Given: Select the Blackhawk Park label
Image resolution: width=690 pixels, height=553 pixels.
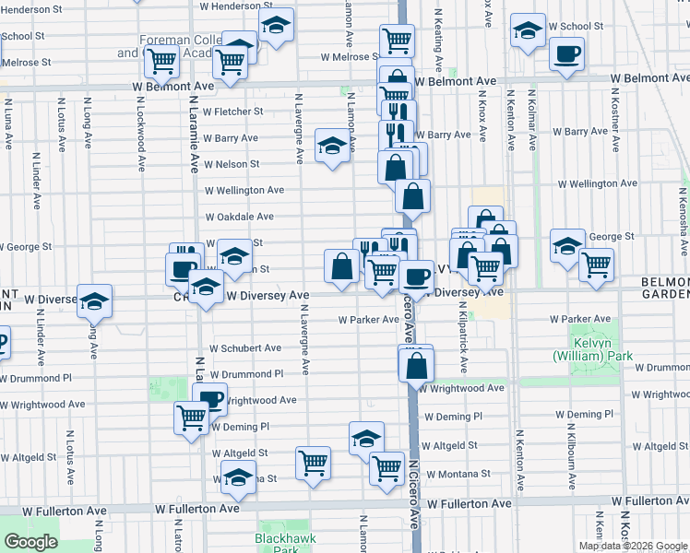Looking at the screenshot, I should click(280, 543).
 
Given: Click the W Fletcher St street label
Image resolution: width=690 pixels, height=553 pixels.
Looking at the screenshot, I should click(233, 112).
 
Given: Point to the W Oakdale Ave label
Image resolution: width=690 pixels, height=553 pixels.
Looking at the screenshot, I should click(239, 217).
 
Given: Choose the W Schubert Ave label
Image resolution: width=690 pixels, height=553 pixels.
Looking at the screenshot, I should click(244, 348).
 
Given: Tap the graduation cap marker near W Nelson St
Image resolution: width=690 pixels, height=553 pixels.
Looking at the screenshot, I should click(332, 145).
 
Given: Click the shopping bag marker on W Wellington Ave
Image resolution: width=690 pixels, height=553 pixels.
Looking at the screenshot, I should click(413, 195).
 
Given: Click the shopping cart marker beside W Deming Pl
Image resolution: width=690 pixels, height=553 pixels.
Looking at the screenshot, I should click(192, 418).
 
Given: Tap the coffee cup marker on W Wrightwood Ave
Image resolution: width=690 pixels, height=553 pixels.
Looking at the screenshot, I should click(211, 398).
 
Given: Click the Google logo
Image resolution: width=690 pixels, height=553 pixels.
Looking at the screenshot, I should click(30, 542).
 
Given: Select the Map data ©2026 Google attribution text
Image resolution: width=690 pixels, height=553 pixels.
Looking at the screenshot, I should click(633, 546).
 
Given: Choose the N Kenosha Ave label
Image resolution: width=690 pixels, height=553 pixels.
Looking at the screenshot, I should click(683, 212).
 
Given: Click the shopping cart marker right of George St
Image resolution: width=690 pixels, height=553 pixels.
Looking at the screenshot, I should click(596, 265).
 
